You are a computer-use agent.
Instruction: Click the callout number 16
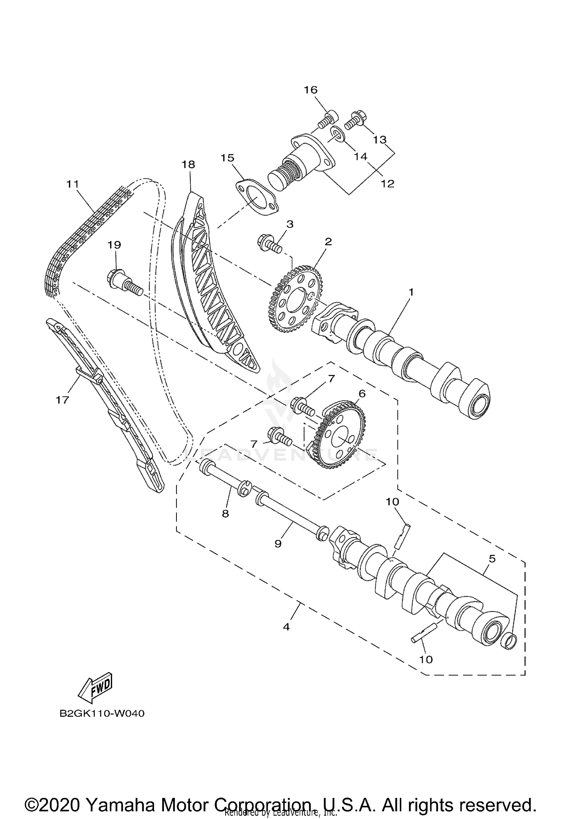point(311,90)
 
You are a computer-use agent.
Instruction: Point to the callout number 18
point(188,164)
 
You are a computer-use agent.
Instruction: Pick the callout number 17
point(63,400)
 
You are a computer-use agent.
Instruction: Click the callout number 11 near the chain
point(73,184)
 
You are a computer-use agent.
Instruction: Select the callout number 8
point(225,513)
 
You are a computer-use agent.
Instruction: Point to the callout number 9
point(278,544)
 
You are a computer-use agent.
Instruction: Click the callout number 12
point(388,184)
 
